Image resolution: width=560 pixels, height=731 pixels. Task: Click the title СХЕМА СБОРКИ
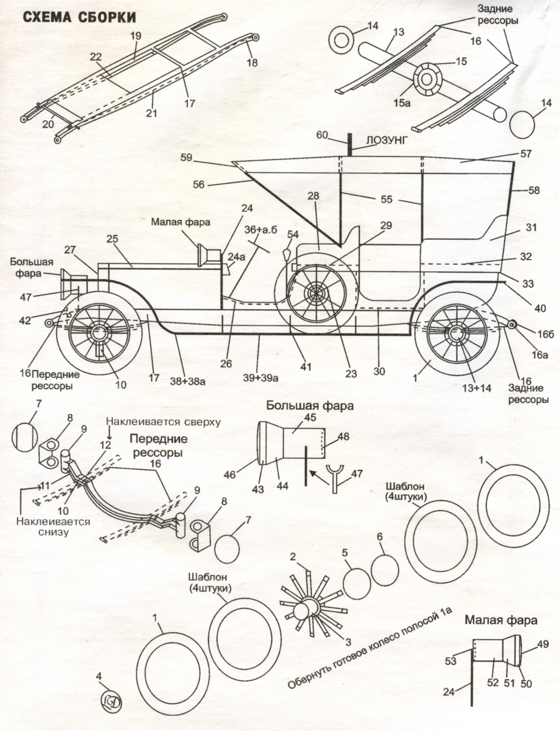tap(79, 17)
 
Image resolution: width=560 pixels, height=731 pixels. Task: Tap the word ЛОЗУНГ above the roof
tap(387, 141)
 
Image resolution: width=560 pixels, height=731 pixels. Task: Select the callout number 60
tap(322, 135)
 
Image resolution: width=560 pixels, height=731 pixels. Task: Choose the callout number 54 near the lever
tap(293, 234)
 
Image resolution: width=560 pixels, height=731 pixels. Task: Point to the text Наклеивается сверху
tap(163, 422)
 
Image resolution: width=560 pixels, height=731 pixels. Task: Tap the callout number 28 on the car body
tap(313, 196)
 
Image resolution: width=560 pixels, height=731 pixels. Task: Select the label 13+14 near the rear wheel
tap(476, 388)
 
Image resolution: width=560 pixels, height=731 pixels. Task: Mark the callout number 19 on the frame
tap(136, 36)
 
